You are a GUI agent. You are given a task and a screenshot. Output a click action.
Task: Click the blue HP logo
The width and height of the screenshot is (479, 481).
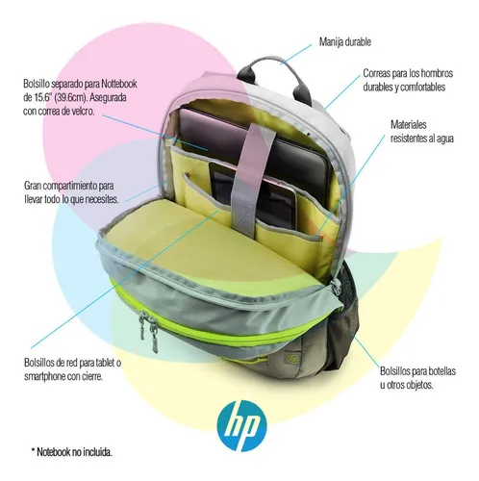241,424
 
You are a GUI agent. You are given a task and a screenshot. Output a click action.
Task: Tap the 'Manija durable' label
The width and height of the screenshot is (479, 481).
345,42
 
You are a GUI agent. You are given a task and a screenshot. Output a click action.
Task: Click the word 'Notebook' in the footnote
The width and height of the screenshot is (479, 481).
54,452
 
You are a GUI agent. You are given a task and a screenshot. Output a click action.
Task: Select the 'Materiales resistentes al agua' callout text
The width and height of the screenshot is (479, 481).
422,131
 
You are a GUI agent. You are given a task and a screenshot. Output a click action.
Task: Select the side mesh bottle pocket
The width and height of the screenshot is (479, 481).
348,317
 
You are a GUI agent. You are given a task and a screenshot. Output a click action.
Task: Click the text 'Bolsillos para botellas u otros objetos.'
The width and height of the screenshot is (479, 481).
417,378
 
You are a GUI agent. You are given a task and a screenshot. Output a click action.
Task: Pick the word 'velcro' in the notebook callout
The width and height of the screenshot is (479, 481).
83,111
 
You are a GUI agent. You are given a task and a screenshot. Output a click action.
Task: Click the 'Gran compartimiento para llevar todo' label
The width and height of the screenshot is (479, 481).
71,192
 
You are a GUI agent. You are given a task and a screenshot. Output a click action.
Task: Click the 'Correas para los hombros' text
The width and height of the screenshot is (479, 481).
408,73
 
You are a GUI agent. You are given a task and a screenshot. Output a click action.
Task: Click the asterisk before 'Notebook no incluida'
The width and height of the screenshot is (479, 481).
33,450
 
